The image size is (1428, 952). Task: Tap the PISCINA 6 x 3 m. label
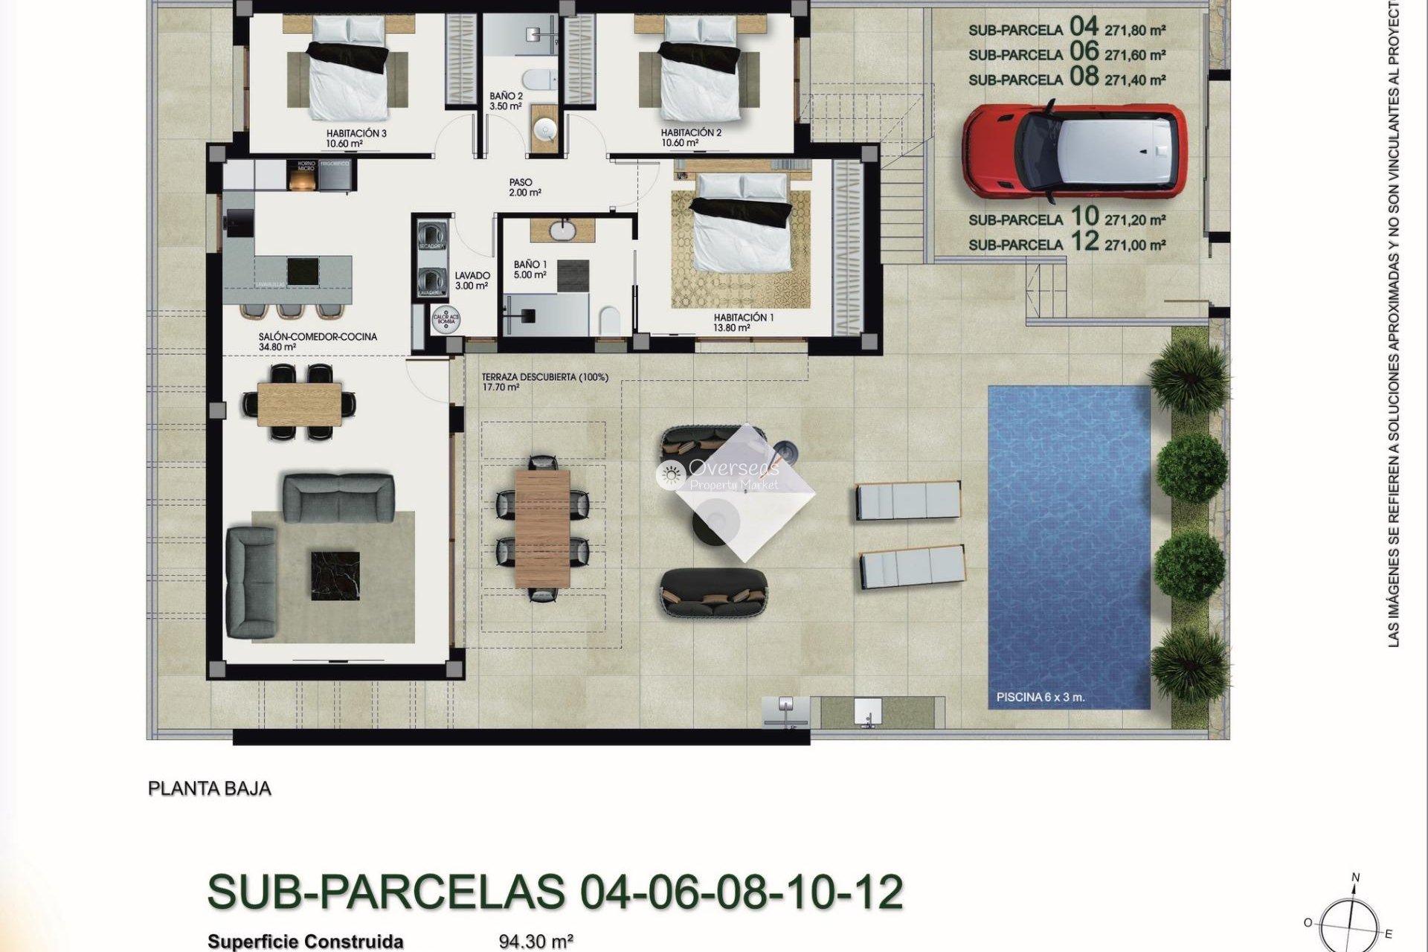point(1040,698)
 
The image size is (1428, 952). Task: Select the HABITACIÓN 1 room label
point(743,318)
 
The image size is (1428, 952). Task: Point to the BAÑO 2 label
point(506,97)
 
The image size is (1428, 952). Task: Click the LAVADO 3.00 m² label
point(472,280)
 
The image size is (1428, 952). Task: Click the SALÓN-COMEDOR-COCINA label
point(318,337)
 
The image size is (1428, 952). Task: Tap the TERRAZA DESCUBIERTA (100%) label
point(544,377)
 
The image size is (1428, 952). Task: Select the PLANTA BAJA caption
point(210,788)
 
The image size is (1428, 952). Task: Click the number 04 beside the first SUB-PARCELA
point(1084,27)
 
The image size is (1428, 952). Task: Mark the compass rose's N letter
point(1355,878)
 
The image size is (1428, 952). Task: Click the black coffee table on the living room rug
point(335,575)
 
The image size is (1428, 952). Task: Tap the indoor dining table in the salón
point(300,403)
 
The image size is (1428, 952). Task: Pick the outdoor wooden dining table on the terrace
point(542,528)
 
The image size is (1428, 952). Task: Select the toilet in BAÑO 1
point(609,321)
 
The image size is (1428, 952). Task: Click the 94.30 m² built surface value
point(535,942)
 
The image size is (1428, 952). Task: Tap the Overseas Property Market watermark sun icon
point(672,474)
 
